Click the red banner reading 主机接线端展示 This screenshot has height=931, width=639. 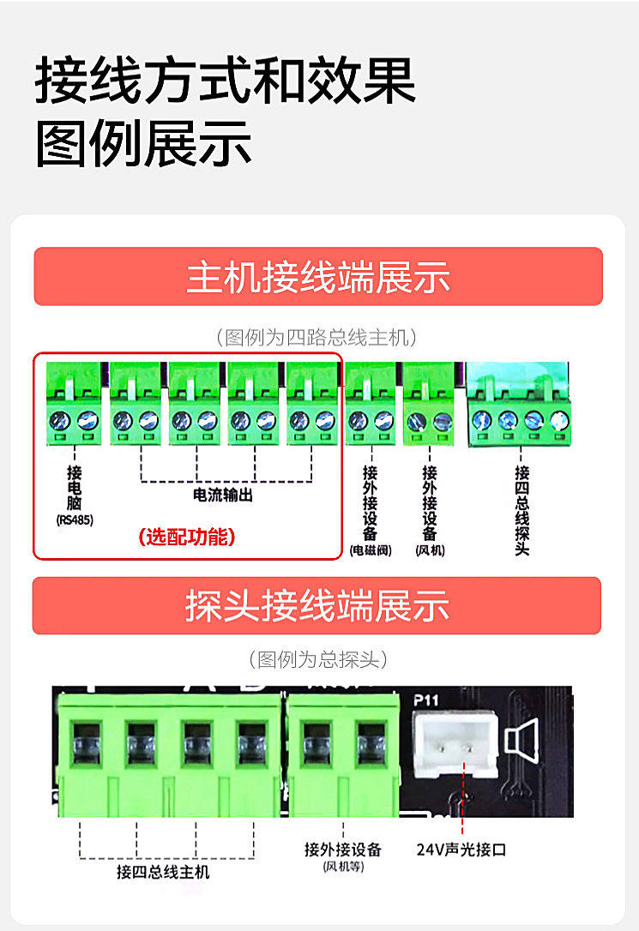(x=318, y=277)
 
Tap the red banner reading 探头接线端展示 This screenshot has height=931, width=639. (x=317, y=606)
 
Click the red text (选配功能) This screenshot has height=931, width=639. (x=186, y=538)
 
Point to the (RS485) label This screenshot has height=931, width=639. (x=75, y=520)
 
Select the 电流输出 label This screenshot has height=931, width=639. (x=223, y=496)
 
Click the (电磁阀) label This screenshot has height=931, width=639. (x=371, y=550)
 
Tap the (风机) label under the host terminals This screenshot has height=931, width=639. (x=430, y=550)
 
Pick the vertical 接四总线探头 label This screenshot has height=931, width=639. (x=521, y=510)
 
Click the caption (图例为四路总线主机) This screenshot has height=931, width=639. (x=317, y=337)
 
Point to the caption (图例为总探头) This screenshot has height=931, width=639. (x=317, y=659)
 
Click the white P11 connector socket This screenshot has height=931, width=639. (x=455, y=743)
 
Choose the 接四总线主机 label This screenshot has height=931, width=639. (x=163, y=872)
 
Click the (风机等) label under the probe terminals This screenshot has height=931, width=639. (x=343, y=867)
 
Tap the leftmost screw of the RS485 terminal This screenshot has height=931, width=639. (x=62, y=421)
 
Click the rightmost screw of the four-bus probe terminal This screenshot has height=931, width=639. (x=559, y=420)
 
